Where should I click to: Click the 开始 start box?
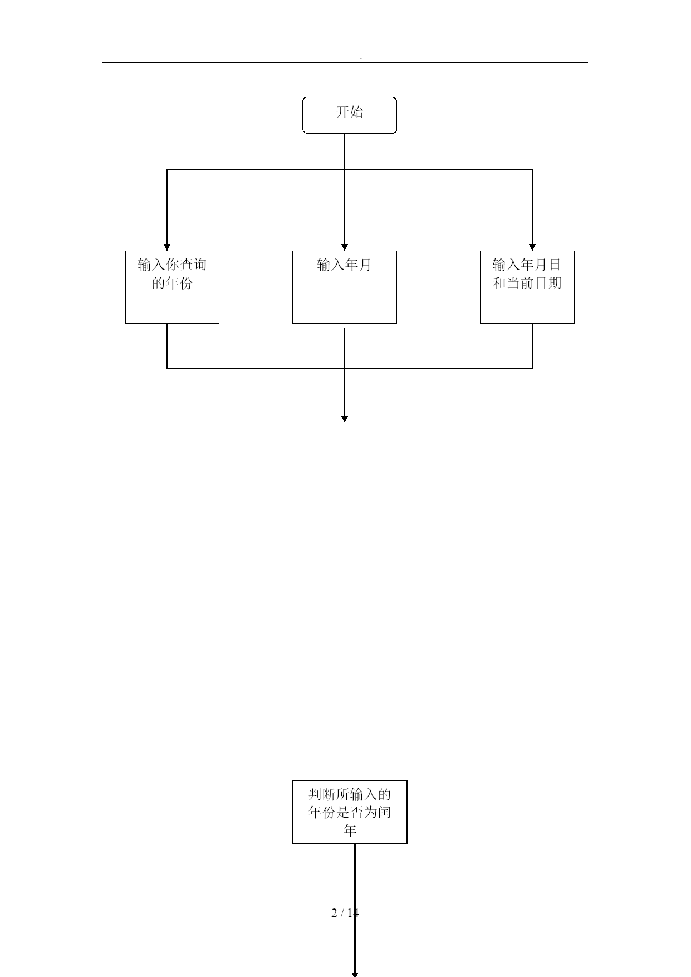350,115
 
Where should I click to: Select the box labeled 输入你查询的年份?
172,287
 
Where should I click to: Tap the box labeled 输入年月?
344,287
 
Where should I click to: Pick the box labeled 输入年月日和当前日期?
527,287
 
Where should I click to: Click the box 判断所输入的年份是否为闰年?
350,812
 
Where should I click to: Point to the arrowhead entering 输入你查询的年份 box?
167,247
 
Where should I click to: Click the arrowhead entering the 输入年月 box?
345,247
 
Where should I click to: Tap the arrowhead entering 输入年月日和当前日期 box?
532,247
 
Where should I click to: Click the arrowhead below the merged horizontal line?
345,419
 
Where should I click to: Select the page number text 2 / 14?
345,912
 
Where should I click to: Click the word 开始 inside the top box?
350,112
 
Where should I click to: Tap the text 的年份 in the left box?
173,283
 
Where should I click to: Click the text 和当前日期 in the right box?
527,283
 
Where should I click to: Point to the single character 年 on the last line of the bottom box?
350,831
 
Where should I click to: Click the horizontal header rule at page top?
345,63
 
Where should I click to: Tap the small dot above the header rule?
361,58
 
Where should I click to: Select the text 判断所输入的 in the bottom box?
350,794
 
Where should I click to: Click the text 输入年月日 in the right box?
527,265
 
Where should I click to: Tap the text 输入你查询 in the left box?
173,265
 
